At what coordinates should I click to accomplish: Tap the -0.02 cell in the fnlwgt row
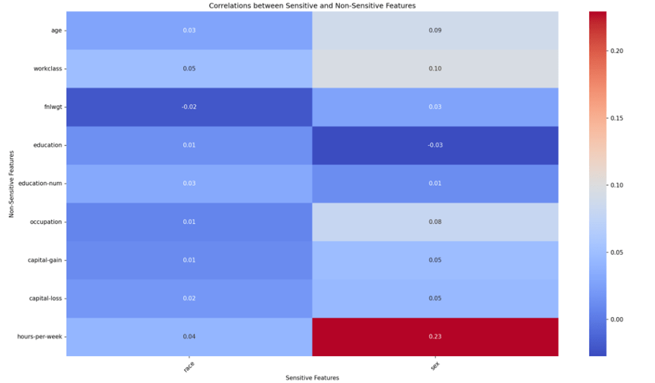tap(188, 107)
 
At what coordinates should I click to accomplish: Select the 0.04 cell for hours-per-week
tap(188, 337)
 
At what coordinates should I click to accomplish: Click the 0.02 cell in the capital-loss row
tap(188, 298)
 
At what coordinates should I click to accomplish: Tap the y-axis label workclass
tap(47, 69)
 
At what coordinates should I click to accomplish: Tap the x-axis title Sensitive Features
tap(312, 378)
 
